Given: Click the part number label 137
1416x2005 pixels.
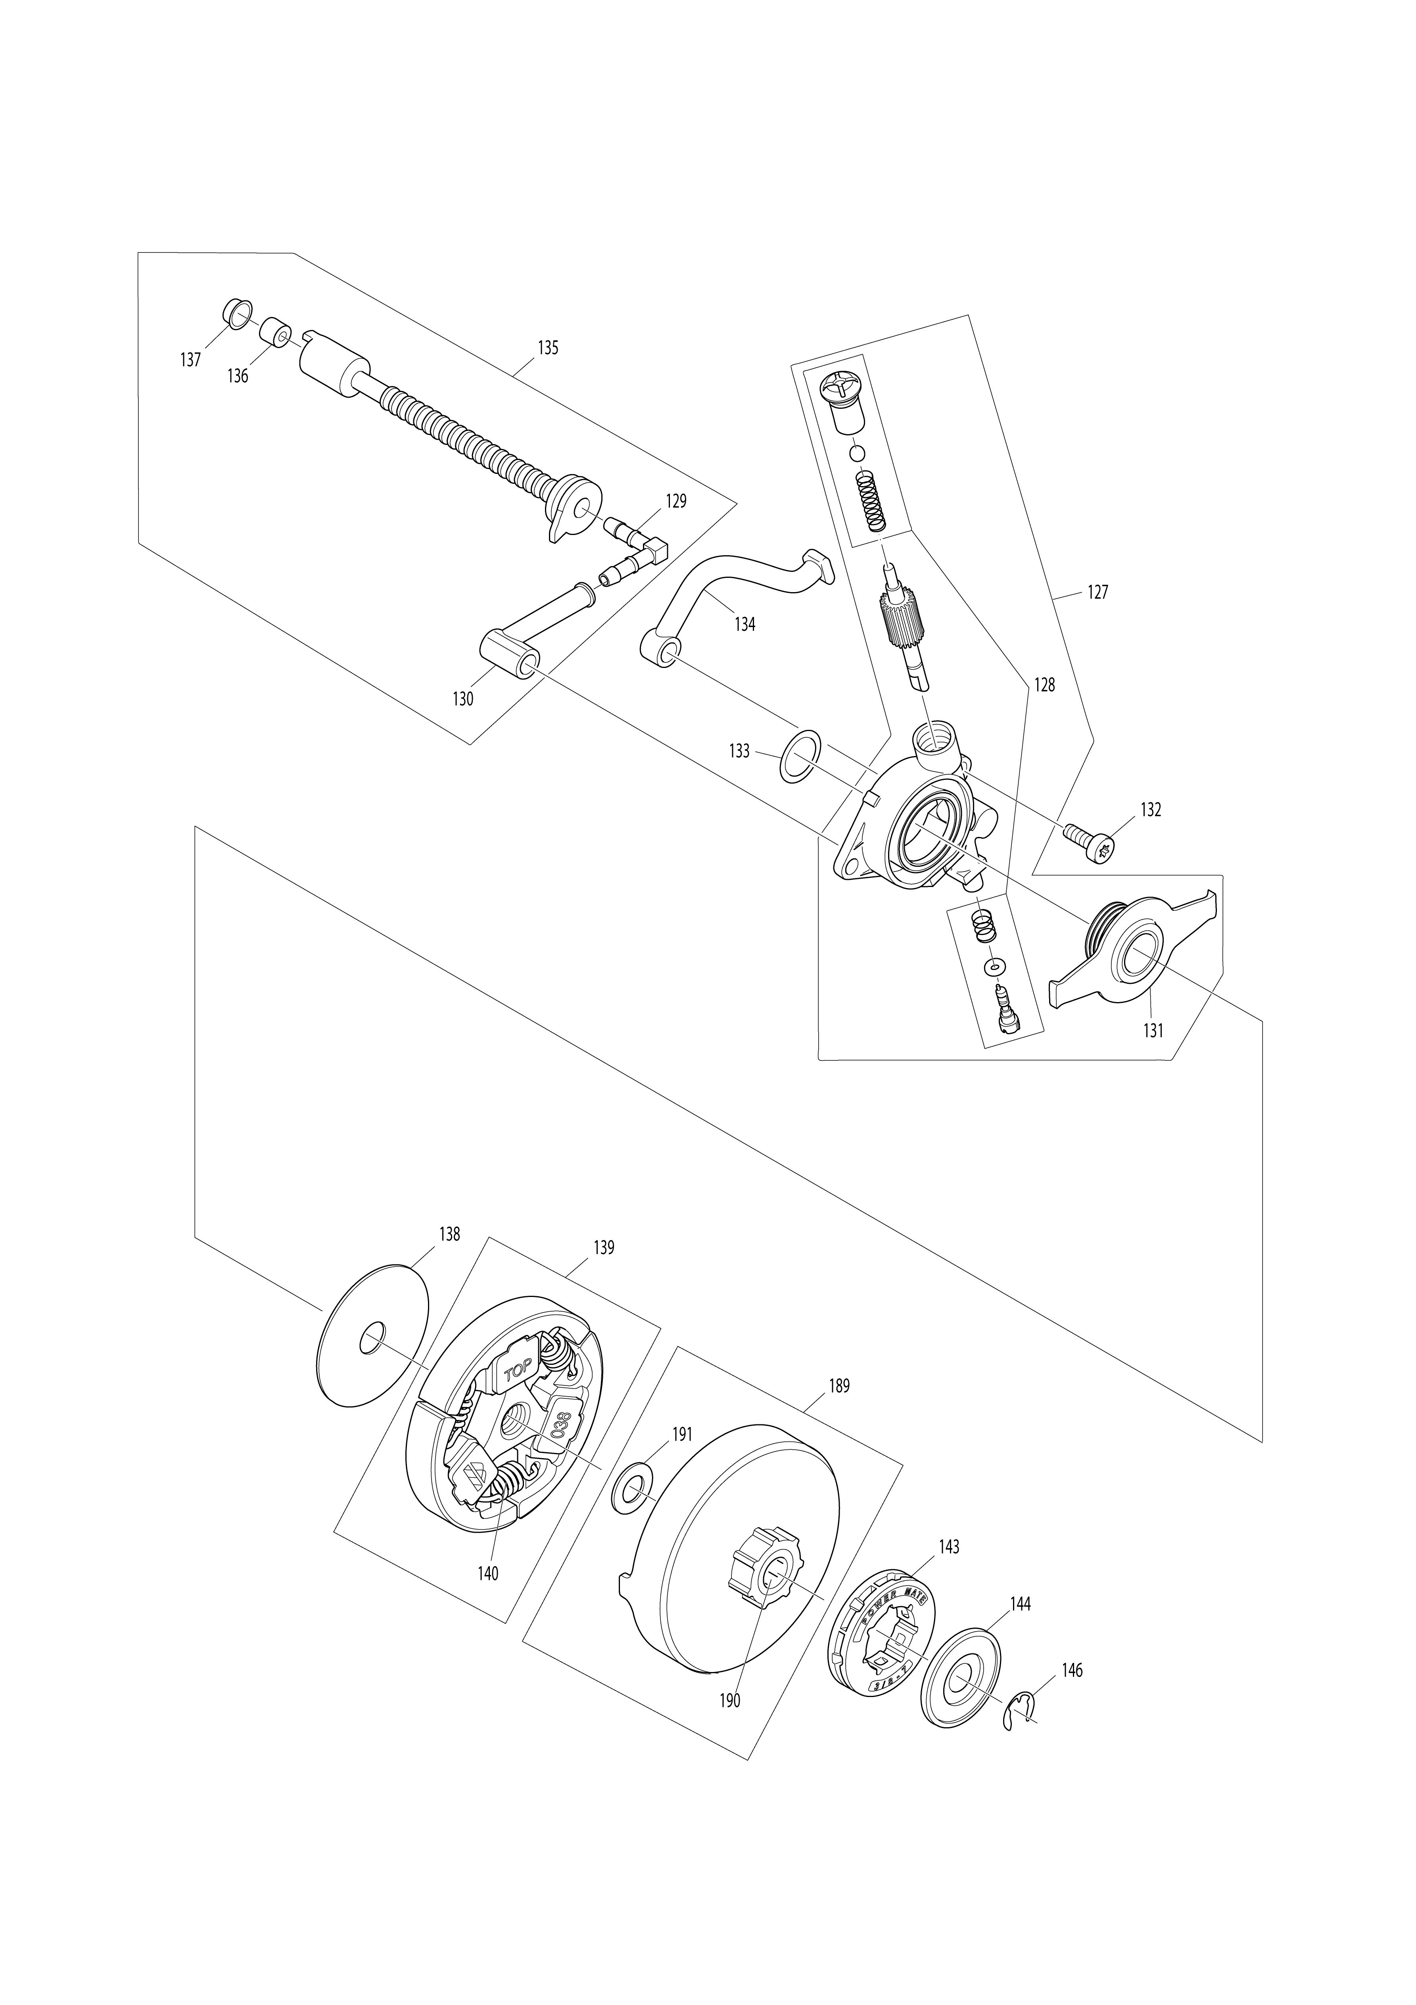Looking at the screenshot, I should [190, 360].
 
